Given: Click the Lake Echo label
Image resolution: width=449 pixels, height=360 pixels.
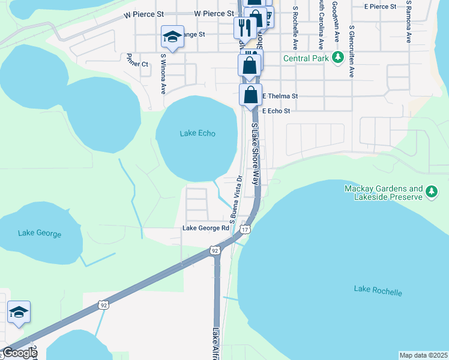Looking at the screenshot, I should pyautogui.click(x=197, y=133).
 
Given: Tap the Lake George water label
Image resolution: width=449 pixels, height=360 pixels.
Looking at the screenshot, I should pyautogui.click(x=40, y=233).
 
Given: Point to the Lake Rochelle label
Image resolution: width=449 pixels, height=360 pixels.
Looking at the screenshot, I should pyautogui.click(x=378, y=291).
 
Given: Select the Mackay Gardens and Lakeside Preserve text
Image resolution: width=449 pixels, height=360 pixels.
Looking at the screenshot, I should pyautogui.click(x=384, y=192).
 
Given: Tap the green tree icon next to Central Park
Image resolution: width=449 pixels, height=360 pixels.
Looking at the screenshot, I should pyautogui.click(x=338, y=58).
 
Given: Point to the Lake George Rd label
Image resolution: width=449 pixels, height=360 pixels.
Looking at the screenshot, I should pyautogui.click(x=206, y=228).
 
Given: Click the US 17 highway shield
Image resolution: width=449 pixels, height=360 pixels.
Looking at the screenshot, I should pyautogui.click(x=244, y=229).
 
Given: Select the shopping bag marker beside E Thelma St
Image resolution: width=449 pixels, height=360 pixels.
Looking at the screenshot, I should pyautogui.click(x=250, y=95).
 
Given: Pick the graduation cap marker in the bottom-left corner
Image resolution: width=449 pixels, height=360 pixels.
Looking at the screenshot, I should pyautogui.click(x=19, y=312).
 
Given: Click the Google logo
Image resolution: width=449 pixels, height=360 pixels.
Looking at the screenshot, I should pyautogui.click(x=19, y=353).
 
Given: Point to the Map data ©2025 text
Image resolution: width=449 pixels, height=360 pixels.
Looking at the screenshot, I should pyautogui.click(x=423, y=355).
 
